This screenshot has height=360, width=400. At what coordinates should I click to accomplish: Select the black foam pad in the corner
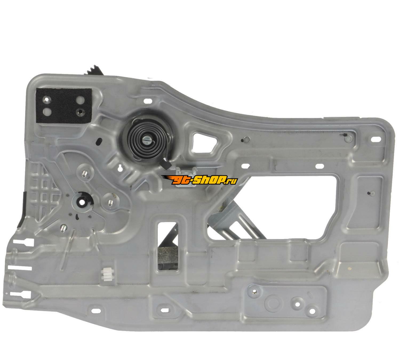point(63,106)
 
